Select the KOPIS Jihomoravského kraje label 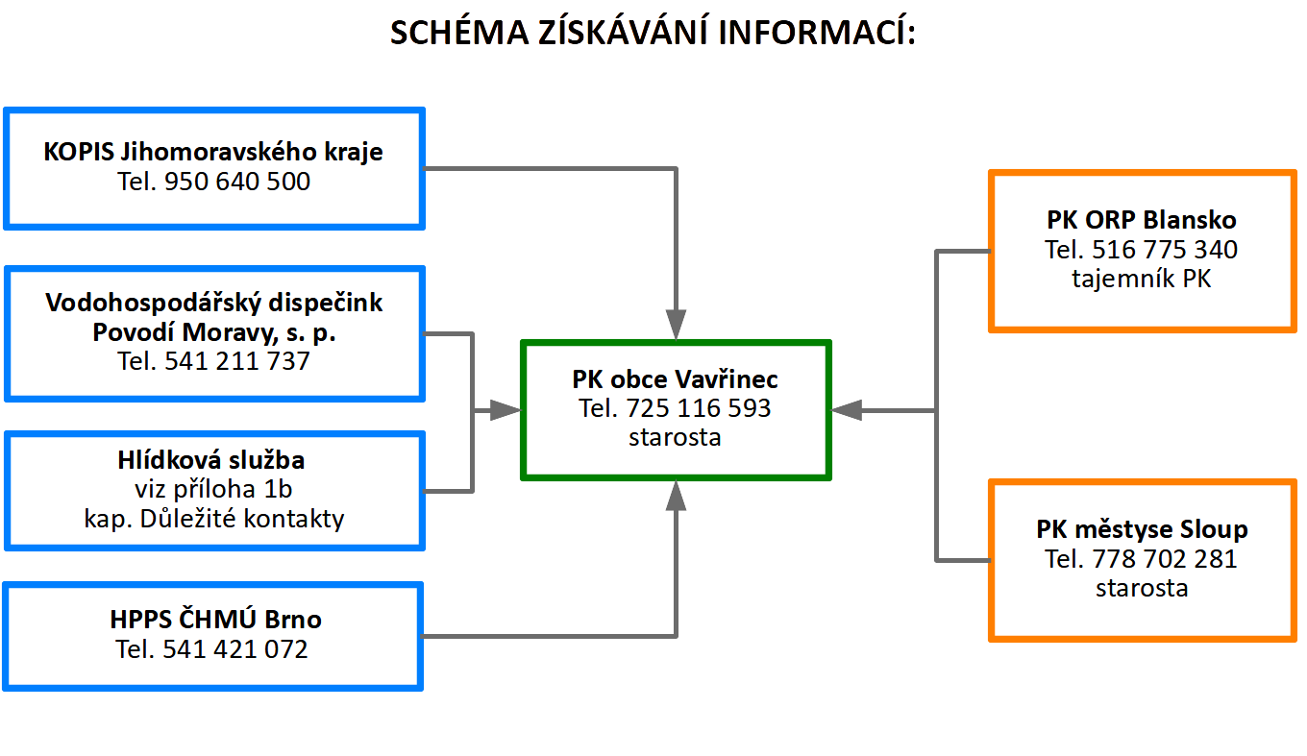click(x=213, y=152)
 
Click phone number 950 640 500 click(x=236, y=182)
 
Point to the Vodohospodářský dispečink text click(x=214, y=303)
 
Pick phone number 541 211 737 click(x=236, y=361)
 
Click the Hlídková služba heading click(x=211, y=460)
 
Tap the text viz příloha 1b click(x=213, y=489)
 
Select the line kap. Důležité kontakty click(x=214, y=519)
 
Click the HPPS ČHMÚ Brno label click(x=216, y=619)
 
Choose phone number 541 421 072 click(x=234, y=649)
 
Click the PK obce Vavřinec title click(x=675, y=379)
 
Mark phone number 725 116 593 click(x=699, y=408)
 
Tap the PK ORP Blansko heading click(x=1142, y=220)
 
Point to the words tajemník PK click(x=1142, y=279)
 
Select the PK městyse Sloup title click(x=1142, y=529)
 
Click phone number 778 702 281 click(x=1165, y=559)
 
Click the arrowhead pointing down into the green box click(x=676, y=325)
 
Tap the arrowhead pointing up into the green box click(x=676, y=496)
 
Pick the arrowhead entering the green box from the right click(x=847, y=411)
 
